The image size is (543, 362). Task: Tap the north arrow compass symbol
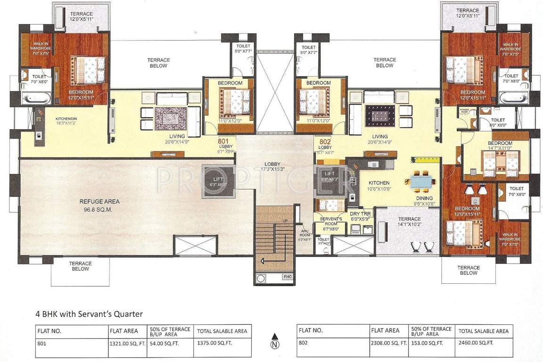(273, 341)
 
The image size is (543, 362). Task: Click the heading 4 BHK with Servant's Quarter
(89, 313)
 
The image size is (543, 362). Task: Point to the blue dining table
(422, 181)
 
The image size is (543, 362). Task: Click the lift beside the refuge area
(218, 181)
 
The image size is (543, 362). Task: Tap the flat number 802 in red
(325, 140)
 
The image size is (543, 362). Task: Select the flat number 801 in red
(223, 140)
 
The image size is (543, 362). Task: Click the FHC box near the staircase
(287, 277)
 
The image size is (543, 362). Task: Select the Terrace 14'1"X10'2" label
(409, 222)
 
